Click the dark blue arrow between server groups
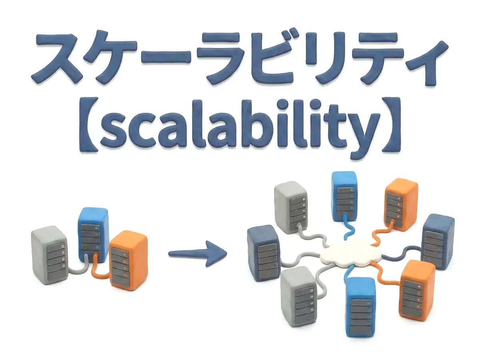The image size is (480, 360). pos(198,254)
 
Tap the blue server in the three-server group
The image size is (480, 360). pos(93,235)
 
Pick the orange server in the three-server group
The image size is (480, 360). pos(128,260)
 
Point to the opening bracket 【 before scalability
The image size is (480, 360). pos(88,124)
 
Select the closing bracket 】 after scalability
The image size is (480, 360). pos(392,124)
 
